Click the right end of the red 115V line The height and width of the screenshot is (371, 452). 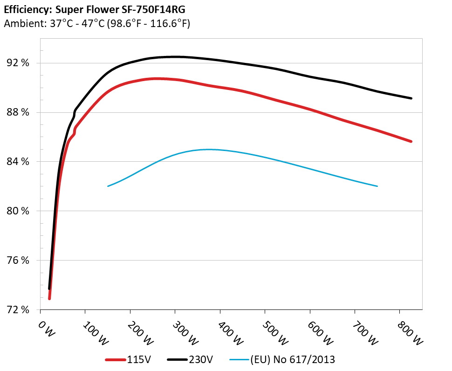pyautogui.click(x=411, y=141)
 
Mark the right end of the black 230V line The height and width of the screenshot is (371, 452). pyautogui.click(x=411, y=98)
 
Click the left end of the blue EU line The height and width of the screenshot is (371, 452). pyautogui.click(x=108, y=186)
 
